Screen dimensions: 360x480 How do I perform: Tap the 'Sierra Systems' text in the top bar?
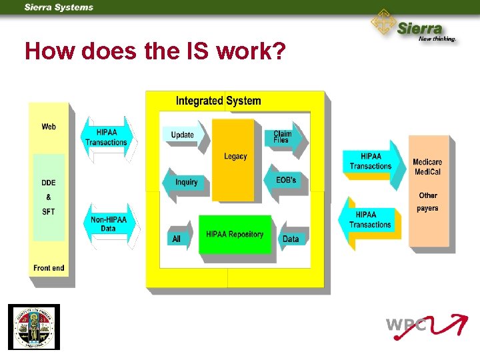[x=59, y=7]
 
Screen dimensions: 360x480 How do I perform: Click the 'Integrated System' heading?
[x=218, y=101]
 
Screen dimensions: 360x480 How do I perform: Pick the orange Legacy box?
[x=235, y=157]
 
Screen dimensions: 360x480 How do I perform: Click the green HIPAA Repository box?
[x=235, y=234]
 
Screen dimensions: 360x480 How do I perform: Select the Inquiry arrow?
[x=185, y=182]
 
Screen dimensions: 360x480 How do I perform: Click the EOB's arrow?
[x=285, y=180]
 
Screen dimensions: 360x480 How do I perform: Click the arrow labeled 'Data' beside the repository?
[x=291, y=239]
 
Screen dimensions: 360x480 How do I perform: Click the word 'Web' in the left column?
[x=49, y=127]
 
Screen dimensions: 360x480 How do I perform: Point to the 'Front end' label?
[x=49, y=268]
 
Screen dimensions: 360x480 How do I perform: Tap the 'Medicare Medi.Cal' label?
[x=427, y=167]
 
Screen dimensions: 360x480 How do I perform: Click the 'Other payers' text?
[x=428, y=201]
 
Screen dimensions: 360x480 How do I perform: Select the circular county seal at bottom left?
[x=34, y=327]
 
